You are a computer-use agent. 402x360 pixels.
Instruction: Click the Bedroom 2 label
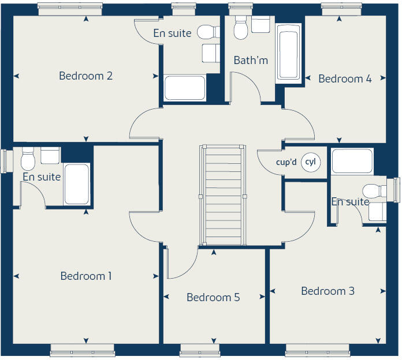(85, 76)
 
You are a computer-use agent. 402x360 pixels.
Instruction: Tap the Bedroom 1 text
(86, 276)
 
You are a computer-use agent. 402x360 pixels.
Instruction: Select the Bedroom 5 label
(213, 298)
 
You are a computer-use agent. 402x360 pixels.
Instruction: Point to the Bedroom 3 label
(327, 291)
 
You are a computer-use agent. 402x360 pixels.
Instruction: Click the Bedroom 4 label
(345, 79)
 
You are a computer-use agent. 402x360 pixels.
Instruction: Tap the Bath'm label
(251, 60)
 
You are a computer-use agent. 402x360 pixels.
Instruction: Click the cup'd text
(286, 163)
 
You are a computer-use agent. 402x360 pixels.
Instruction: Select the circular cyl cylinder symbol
(310, 163)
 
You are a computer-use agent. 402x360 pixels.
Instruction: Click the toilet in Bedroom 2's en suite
(206, 32)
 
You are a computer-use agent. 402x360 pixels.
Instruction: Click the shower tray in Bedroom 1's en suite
(76, 184)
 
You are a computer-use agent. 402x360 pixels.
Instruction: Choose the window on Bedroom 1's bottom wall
(82, 349)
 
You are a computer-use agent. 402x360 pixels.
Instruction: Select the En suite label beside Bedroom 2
(172, 33)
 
